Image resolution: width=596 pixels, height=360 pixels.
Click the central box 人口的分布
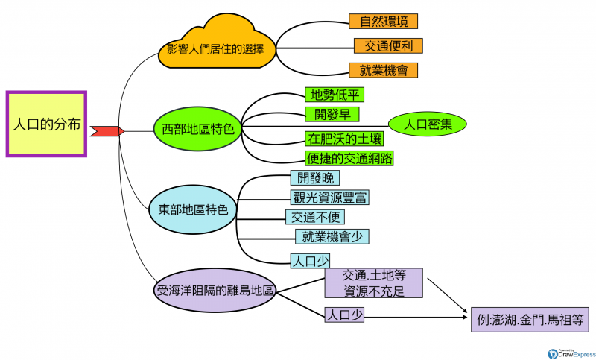47,124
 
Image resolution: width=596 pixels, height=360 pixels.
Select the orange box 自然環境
383,21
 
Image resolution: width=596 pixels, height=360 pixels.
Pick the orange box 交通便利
388,45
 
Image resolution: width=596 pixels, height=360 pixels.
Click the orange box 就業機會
383,70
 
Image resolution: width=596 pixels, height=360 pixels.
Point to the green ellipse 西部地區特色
197,128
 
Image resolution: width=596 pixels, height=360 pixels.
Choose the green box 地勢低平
335,95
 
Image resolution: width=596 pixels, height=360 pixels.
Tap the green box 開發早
332,113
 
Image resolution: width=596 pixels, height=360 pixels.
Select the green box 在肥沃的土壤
345,139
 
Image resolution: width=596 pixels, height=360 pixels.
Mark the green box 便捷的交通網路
349,157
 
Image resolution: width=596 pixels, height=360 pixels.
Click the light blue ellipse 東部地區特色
193,209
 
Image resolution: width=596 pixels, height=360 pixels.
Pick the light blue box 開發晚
315,177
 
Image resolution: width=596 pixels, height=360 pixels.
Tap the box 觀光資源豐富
329,198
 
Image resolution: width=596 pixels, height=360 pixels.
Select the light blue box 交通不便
316,217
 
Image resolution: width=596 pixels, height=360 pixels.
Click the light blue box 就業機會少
332,236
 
